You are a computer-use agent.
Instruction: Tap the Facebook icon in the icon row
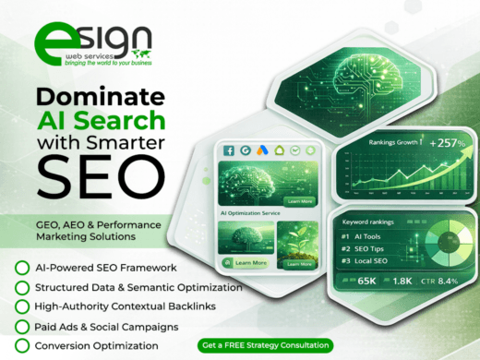[228, 150]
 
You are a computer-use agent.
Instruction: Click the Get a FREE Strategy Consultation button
[264, 345]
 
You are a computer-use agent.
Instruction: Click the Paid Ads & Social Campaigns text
[109, 326]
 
